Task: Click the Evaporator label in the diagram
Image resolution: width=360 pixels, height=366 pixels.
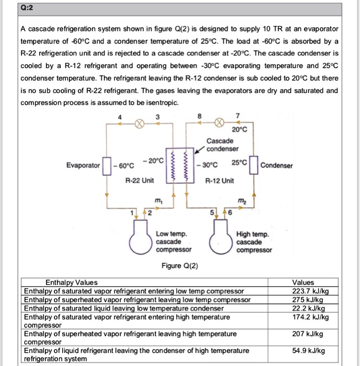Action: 83,165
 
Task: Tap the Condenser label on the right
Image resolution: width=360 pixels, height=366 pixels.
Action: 276,166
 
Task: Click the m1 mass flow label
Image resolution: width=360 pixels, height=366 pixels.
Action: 158,202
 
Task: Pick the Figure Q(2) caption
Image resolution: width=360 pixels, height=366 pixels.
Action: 180,266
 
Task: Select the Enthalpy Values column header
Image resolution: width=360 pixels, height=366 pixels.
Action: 71,282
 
